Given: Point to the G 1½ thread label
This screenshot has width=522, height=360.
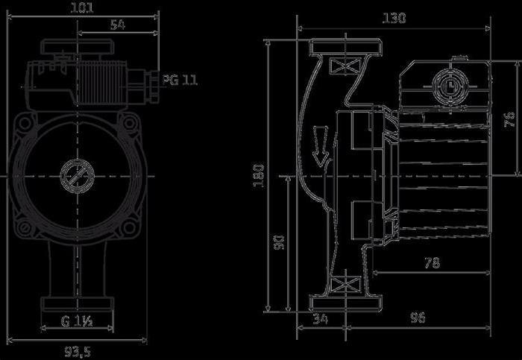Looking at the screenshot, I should point(77,323).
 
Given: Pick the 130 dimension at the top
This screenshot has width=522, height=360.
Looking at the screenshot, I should point(394,18).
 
